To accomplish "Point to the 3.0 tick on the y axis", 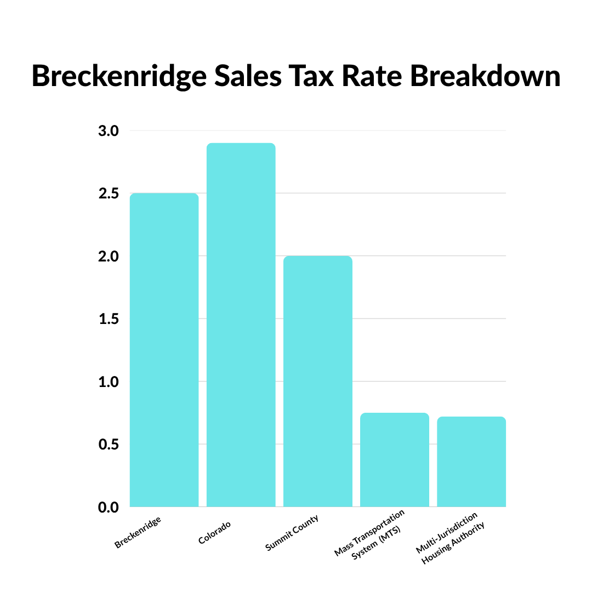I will click(109, 131).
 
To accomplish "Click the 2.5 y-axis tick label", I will click(109, 194).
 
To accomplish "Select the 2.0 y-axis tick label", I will click(109, 257).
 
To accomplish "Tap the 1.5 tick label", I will click(109, 319).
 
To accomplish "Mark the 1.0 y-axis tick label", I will click(109, 382).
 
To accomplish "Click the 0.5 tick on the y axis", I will click(109, 445).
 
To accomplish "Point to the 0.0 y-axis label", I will click(109, 508).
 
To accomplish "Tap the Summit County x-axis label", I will click(292, 533).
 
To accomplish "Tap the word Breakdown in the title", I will click(485, 77).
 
